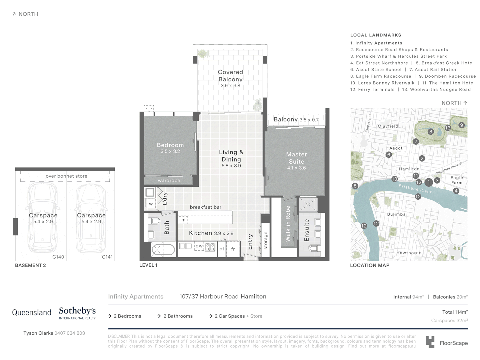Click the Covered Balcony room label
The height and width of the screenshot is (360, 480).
coord(230,76)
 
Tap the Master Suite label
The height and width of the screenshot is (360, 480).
coord(296,158)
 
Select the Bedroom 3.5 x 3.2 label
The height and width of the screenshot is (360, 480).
coord(170,148)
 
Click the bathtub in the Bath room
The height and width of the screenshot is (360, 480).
coord(163,250)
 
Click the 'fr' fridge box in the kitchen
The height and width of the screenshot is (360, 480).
coord(233,249)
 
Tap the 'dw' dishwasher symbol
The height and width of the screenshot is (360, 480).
coord(199,246)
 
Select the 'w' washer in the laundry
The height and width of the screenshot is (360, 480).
coord(151,204)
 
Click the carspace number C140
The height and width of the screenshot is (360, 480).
coord(58,257)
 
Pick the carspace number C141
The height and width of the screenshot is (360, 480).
coord(107,257)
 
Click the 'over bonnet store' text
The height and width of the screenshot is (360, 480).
coord(66,176)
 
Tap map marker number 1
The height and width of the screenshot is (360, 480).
coord(429,182)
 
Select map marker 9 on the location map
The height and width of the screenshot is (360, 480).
coord(461,125)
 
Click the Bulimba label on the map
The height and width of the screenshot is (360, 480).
coord(396,214)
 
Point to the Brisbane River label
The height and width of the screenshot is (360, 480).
coord(415,189)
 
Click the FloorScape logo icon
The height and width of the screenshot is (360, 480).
coord(430,342)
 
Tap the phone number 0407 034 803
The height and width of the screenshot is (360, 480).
coord(70,333)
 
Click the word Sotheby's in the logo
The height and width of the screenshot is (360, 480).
coord(77,311)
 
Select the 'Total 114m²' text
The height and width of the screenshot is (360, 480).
coord(455,312)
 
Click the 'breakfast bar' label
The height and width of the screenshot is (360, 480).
coord(205,207)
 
